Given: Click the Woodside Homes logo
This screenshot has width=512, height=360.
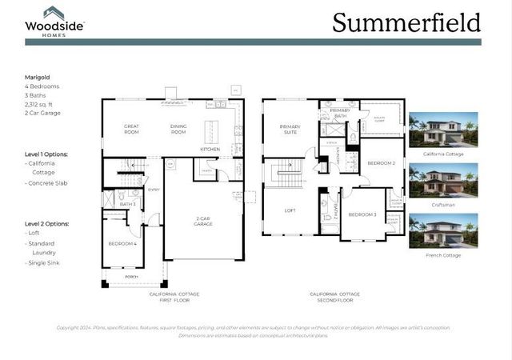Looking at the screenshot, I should (x=54, y=20).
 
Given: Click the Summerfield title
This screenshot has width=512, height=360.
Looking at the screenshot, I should (x=406, y=22).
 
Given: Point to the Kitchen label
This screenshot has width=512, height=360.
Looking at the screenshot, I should (x=210, y=149).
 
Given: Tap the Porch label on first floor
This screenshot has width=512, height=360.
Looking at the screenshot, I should (x=132, y=278).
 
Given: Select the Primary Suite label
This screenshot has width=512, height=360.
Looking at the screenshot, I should (x=289, y=129).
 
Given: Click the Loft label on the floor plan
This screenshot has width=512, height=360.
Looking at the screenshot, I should (x=290, y=210).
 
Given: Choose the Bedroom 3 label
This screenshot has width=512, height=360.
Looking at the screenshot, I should (x=362, y=214).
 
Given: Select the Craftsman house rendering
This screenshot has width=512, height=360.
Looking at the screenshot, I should (x=443, y=179).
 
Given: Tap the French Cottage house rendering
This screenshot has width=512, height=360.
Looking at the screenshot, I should (x=443, y=230).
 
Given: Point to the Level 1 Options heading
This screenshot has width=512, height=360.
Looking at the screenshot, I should (x=46, y=154).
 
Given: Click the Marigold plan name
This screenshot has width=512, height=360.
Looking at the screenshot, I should (x=38, y=78).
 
